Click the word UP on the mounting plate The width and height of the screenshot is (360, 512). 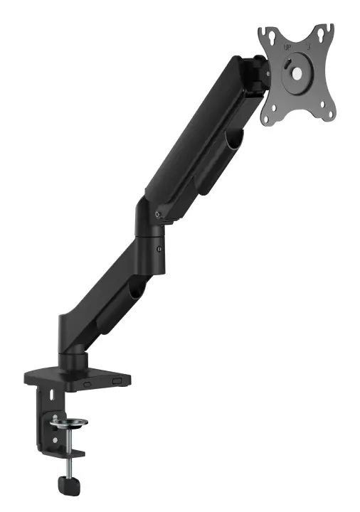coord(288,48)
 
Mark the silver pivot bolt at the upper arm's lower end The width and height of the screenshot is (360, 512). coord(158,214)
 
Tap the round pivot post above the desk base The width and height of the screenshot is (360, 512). coord(73,348)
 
